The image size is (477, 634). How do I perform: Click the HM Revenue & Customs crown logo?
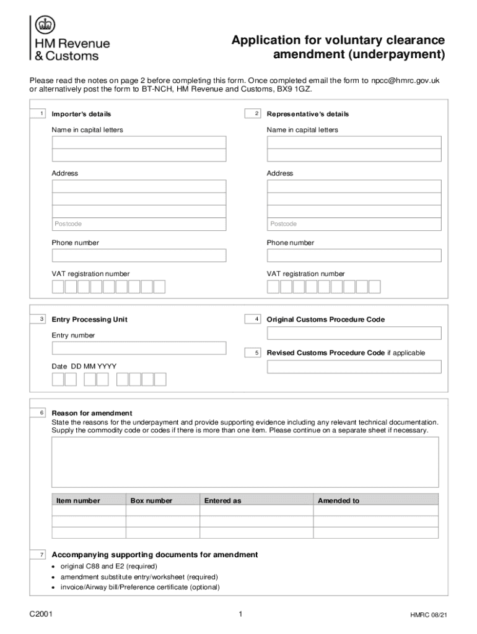(45, 25)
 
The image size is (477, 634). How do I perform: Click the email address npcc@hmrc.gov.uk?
(405, 80)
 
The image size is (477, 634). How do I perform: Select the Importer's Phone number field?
(139, 256)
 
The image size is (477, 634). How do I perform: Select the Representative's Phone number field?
(354, 256)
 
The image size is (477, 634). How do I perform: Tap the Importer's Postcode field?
(139, 224)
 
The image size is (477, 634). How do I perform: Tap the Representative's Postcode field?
(354, 224)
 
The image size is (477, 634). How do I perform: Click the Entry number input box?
(139, 348)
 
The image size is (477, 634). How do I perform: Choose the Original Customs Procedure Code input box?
(354, 333)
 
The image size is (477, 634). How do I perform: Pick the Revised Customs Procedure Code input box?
(354, 367)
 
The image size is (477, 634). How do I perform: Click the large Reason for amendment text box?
(245, 462)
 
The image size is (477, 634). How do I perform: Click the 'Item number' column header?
(78, 500)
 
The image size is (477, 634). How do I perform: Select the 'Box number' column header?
(151, 500)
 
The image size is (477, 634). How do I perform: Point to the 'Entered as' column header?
(222, 500)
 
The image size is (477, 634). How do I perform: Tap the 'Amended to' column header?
(338, 500)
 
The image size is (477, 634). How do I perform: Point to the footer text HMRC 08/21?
(427, 615)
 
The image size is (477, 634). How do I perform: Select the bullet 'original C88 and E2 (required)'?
(108, 567)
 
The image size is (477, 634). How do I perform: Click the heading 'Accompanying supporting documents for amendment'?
(155, 555)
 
